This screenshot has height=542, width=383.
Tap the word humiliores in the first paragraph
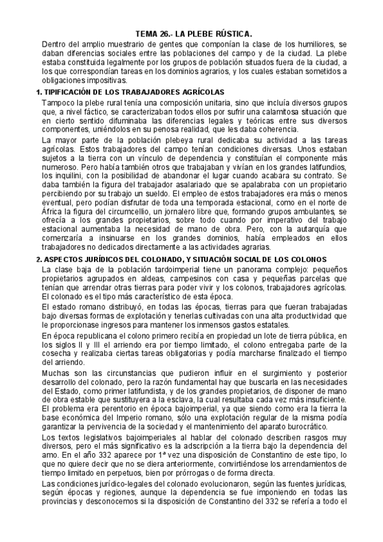click(314, 43)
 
